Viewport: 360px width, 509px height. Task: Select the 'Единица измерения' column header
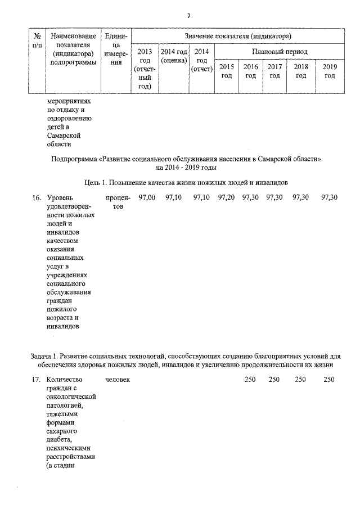click(116, 49)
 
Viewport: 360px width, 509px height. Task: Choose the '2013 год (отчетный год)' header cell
click(145, 69)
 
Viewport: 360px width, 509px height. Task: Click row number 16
click(36, 197)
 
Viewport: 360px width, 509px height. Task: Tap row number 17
click(36, 380)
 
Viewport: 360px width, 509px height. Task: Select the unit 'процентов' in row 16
click(118, 201)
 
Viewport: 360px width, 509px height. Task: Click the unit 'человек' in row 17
click(118, 380)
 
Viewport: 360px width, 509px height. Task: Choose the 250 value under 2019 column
click(329, 380)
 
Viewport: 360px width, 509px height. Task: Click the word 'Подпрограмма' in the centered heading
click(73, 159)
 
